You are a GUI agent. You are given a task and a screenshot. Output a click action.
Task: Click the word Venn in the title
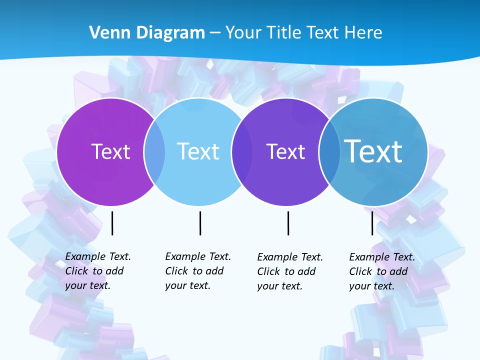pos(104,33)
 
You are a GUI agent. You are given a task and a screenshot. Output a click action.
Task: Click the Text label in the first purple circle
pos(110,151)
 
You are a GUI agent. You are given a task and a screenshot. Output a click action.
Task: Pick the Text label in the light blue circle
pos(198,151)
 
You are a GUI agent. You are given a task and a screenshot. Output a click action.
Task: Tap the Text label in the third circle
pos(285,151)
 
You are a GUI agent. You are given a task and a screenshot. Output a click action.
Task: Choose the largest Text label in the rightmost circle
pos(373,151)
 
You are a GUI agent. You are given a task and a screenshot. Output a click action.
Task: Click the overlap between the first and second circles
pos(154,151)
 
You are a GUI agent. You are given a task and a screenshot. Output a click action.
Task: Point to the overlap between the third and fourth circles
pos(329,151)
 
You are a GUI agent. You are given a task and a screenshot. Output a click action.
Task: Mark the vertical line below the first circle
pos(112,223)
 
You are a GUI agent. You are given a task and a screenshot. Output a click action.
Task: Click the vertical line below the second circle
pos(200,223)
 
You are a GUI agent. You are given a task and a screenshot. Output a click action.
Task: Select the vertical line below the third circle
pos(288,223)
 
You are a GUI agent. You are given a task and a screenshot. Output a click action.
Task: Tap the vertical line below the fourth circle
pos(372,223)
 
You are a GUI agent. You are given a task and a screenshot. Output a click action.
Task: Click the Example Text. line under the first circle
pos(98,256)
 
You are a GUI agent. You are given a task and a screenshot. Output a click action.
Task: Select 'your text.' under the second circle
pos(187,285)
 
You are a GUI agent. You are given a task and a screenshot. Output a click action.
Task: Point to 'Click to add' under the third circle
pos(286,271)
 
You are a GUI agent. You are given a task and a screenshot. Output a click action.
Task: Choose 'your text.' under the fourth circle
pos(371,286)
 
